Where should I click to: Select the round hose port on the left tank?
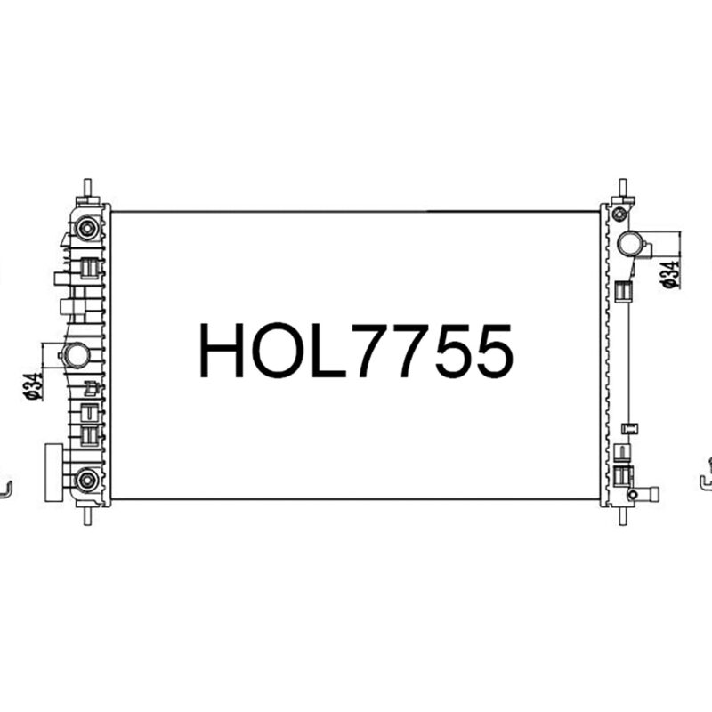click(x=77, y=357)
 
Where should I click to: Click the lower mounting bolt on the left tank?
click(x=86, y=481)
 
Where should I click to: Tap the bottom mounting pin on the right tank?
click(x=622, y=514)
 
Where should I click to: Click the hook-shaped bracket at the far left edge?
click(x=6, y=489)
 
